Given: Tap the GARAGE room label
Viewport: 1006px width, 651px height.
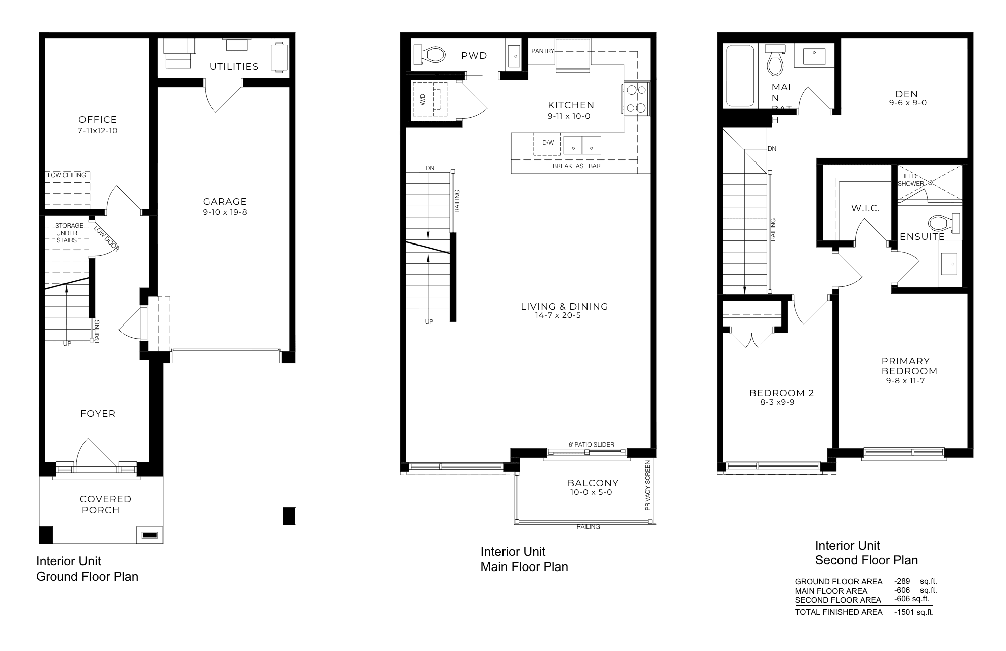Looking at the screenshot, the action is point(225,202).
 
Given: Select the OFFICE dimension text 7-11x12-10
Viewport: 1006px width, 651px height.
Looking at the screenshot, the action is point(98,131).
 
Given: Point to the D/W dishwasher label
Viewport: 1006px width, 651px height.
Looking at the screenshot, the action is point(548,143).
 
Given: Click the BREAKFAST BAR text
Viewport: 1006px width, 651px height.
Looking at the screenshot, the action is point(576,166).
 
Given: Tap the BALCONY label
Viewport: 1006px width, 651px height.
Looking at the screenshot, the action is point(593,483).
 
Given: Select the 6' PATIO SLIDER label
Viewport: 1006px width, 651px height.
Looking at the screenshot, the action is point(591,445).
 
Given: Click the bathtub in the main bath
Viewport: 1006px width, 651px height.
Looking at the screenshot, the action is point(740,75).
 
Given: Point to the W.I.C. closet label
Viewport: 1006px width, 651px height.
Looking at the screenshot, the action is point(865,208).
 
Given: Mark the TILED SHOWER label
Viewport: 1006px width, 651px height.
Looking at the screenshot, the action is point(911,180).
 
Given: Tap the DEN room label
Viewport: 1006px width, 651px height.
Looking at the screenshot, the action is point(907,94).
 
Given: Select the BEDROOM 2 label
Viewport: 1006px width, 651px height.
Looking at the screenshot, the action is point(782,393).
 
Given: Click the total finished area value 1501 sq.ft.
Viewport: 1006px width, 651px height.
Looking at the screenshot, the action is point(914,612).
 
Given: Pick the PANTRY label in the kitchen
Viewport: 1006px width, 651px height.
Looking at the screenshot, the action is point(543,51).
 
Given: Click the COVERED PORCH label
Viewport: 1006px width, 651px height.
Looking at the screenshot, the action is point(106,504).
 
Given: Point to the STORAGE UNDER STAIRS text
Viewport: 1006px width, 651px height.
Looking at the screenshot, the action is point(67,233).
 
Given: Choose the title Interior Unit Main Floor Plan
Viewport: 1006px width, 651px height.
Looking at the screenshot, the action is point(524,559).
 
